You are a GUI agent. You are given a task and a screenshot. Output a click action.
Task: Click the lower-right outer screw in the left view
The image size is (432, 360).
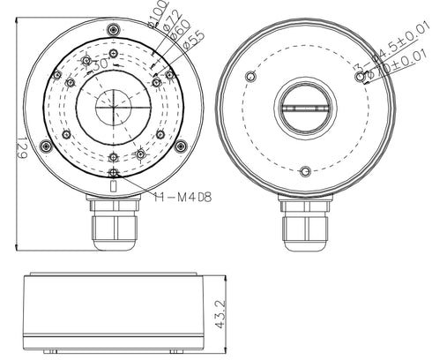[x=181, y=146]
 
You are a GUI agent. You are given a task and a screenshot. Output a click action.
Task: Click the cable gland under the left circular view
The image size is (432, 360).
[x=112, y=225]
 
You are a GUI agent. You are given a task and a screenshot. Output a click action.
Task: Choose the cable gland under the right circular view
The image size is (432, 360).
[x=305, y=225]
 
